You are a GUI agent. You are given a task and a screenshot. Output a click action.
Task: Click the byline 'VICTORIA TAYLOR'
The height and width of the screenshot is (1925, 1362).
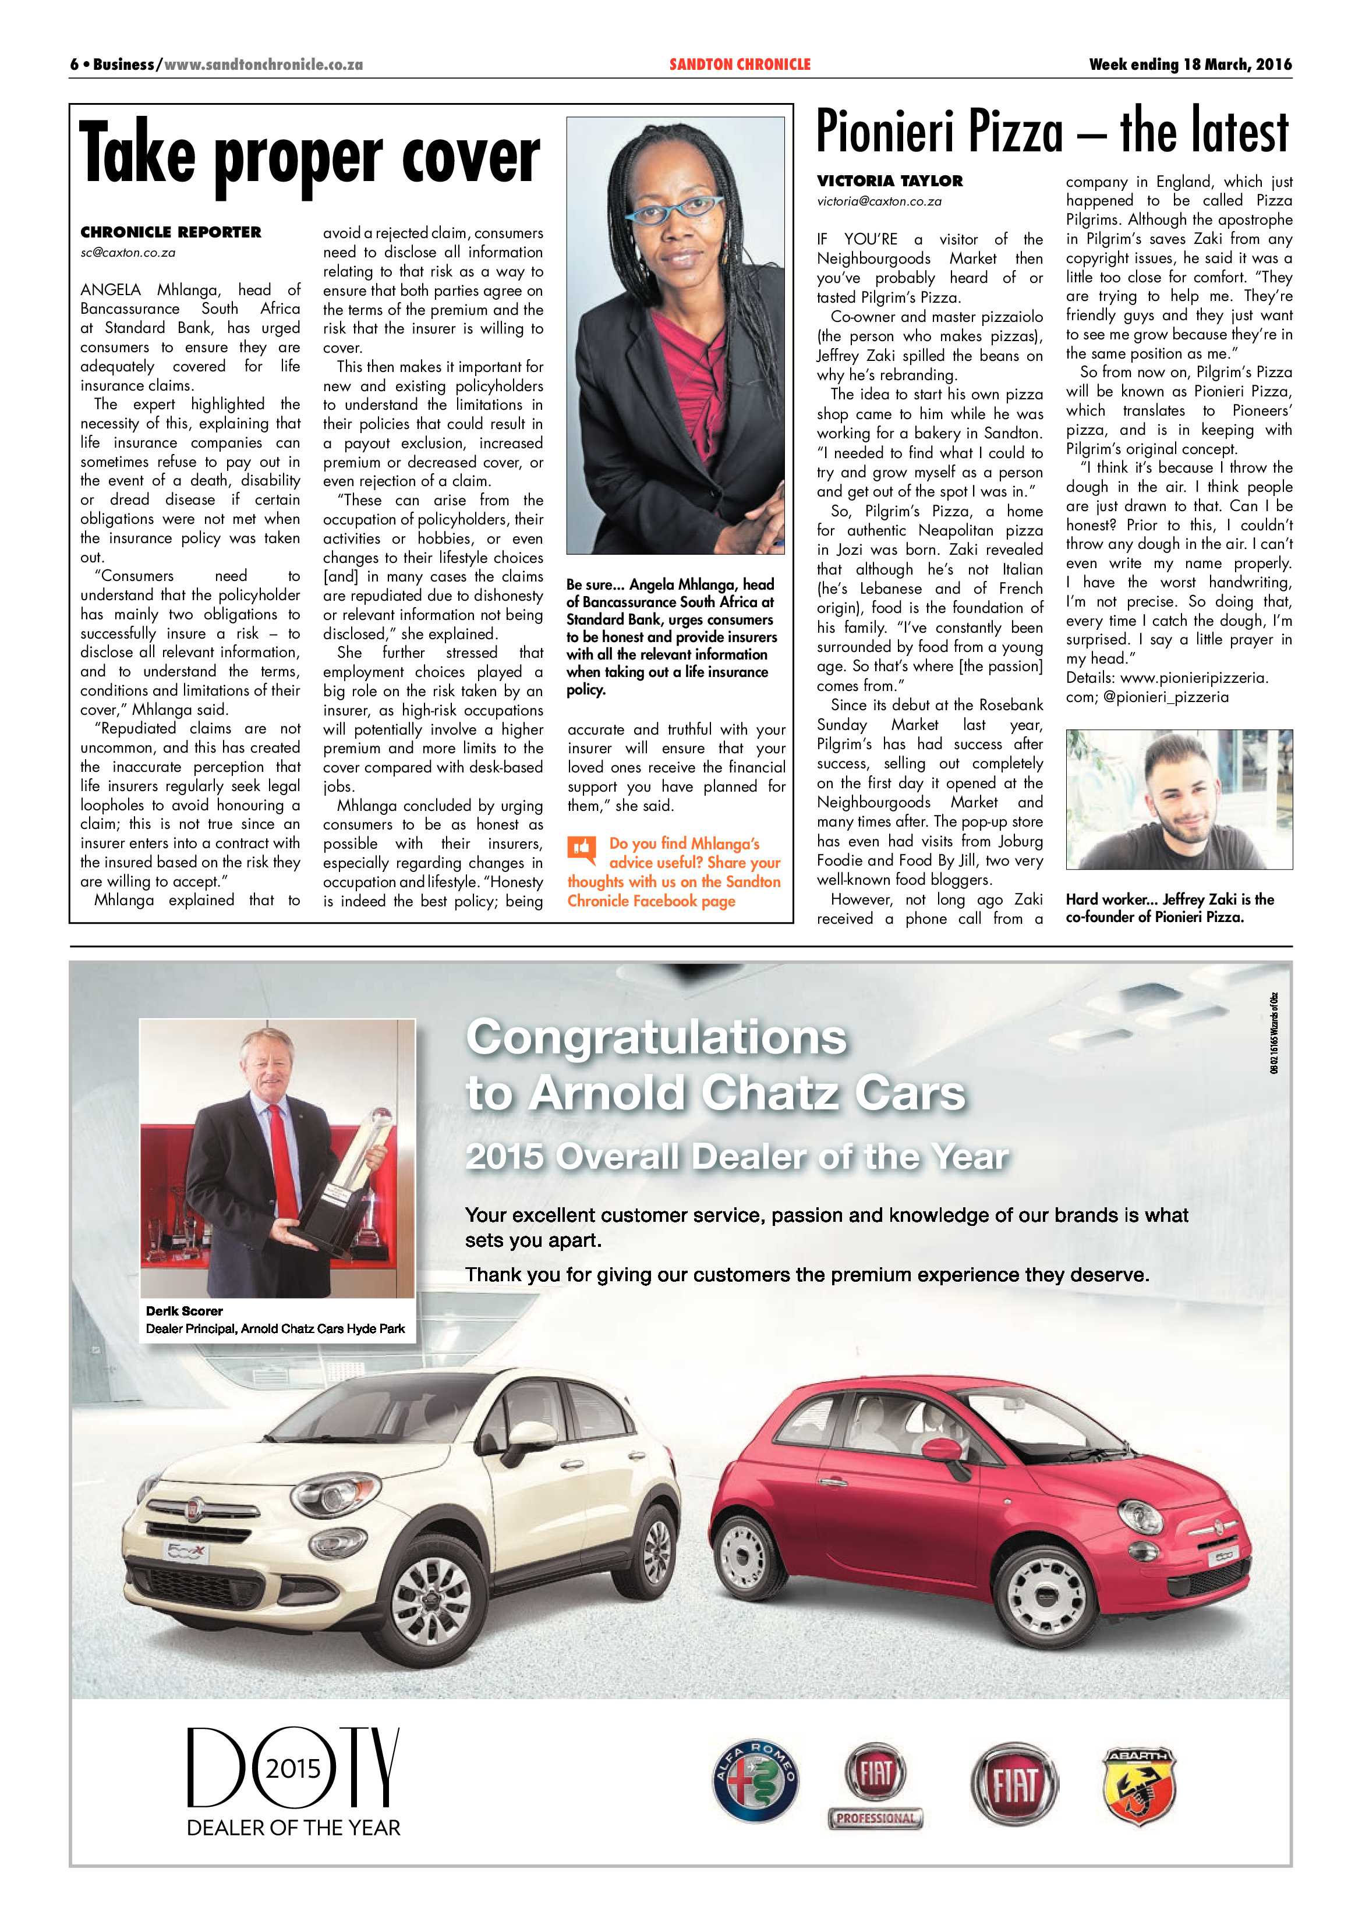point(890,181)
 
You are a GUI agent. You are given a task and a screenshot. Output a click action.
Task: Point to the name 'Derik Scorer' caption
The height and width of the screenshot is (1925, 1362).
point(185,1310)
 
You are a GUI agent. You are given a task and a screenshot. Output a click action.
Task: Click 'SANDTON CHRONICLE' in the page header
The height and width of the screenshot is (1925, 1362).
point(740,65)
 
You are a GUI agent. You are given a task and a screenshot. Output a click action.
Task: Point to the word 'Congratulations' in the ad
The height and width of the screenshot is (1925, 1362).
point(656,1038)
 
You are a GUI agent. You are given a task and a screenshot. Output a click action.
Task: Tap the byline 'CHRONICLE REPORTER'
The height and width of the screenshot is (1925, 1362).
point(170,232)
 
